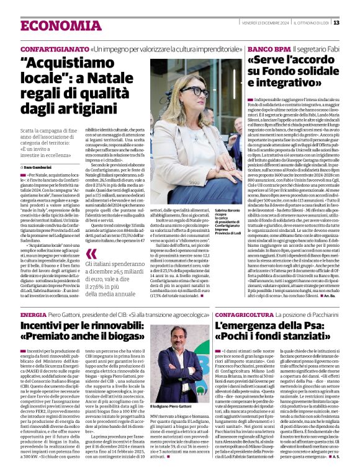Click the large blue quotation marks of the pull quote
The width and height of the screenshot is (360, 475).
tap(92, 254)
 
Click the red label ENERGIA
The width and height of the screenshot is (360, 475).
tap(33, 315)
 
